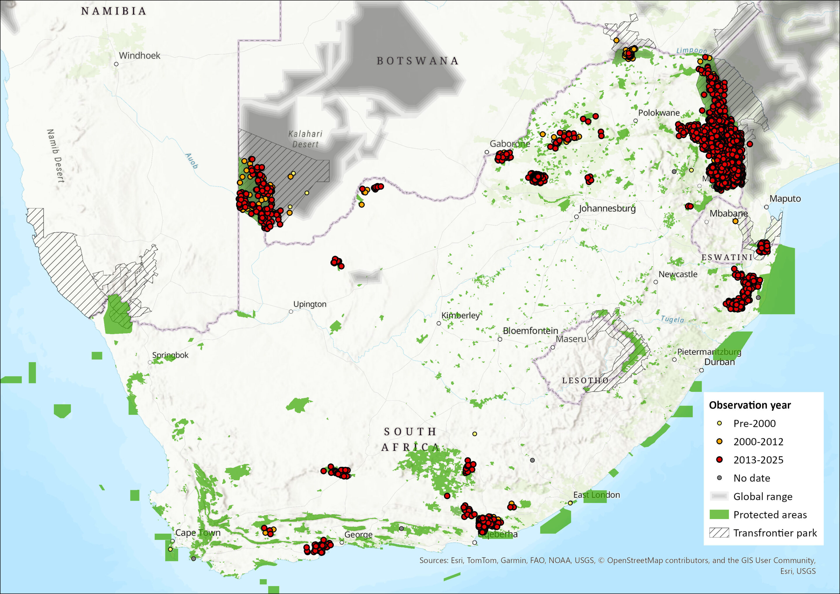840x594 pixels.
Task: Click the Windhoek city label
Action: [x=139, y=56]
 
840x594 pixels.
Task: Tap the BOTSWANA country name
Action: [x=417, y=61]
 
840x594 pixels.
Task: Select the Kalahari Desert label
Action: [x=305, y=139]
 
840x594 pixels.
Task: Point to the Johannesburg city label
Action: [x=607, y=209]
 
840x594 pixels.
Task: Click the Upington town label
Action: [x=309, y=304]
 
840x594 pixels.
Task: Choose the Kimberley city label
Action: [x=460, y=315]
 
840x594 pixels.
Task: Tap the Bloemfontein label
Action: [x=530, y=331]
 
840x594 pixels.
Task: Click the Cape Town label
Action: [x=198, y=532]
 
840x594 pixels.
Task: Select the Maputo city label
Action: [x=785, y=199]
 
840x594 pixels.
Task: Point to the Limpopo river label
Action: [x=691, y=51]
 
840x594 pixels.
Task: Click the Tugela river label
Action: [x=672, y=319]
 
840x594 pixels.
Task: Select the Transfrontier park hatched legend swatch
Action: [x=719, y=533]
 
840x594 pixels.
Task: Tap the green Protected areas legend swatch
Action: [x=719, y=515]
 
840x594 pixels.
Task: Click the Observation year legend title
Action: [x=750, y=405]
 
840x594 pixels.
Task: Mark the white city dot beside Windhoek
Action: [x=116, y=64]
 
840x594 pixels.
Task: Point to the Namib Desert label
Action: [x=56, y=156]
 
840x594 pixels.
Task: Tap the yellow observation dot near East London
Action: [x=570, y=503]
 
